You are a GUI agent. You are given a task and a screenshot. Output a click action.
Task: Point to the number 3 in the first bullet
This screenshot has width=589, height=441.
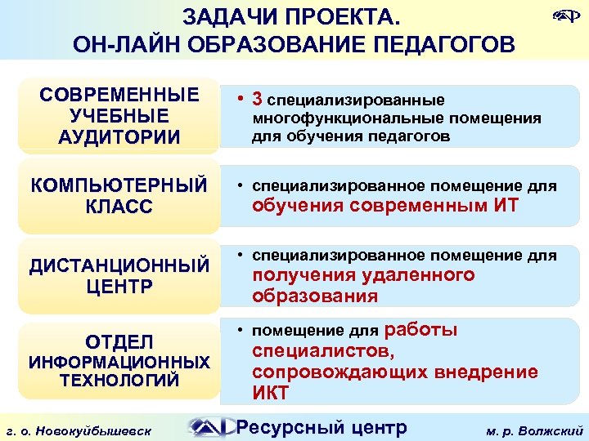257,100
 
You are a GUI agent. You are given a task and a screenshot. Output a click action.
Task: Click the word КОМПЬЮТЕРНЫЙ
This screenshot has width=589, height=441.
119,185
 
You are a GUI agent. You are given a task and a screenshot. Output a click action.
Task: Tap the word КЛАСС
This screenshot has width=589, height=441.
119,207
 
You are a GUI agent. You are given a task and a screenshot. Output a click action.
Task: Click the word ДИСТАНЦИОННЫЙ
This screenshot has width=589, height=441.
119,265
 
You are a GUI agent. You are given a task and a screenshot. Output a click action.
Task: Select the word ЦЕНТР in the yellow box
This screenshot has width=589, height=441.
119,287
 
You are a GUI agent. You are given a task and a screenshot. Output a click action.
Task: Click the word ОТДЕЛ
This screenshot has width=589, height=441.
119,340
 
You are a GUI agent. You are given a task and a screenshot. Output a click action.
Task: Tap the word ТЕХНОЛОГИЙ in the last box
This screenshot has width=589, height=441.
119,380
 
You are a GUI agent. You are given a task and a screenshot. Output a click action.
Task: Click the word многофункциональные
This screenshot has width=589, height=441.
334,118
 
